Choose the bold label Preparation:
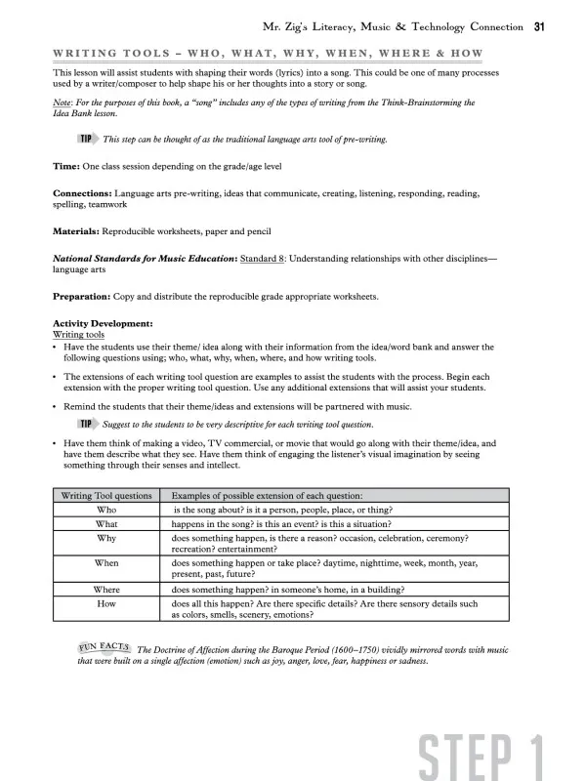(86, 296)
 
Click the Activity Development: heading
(103, 323)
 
